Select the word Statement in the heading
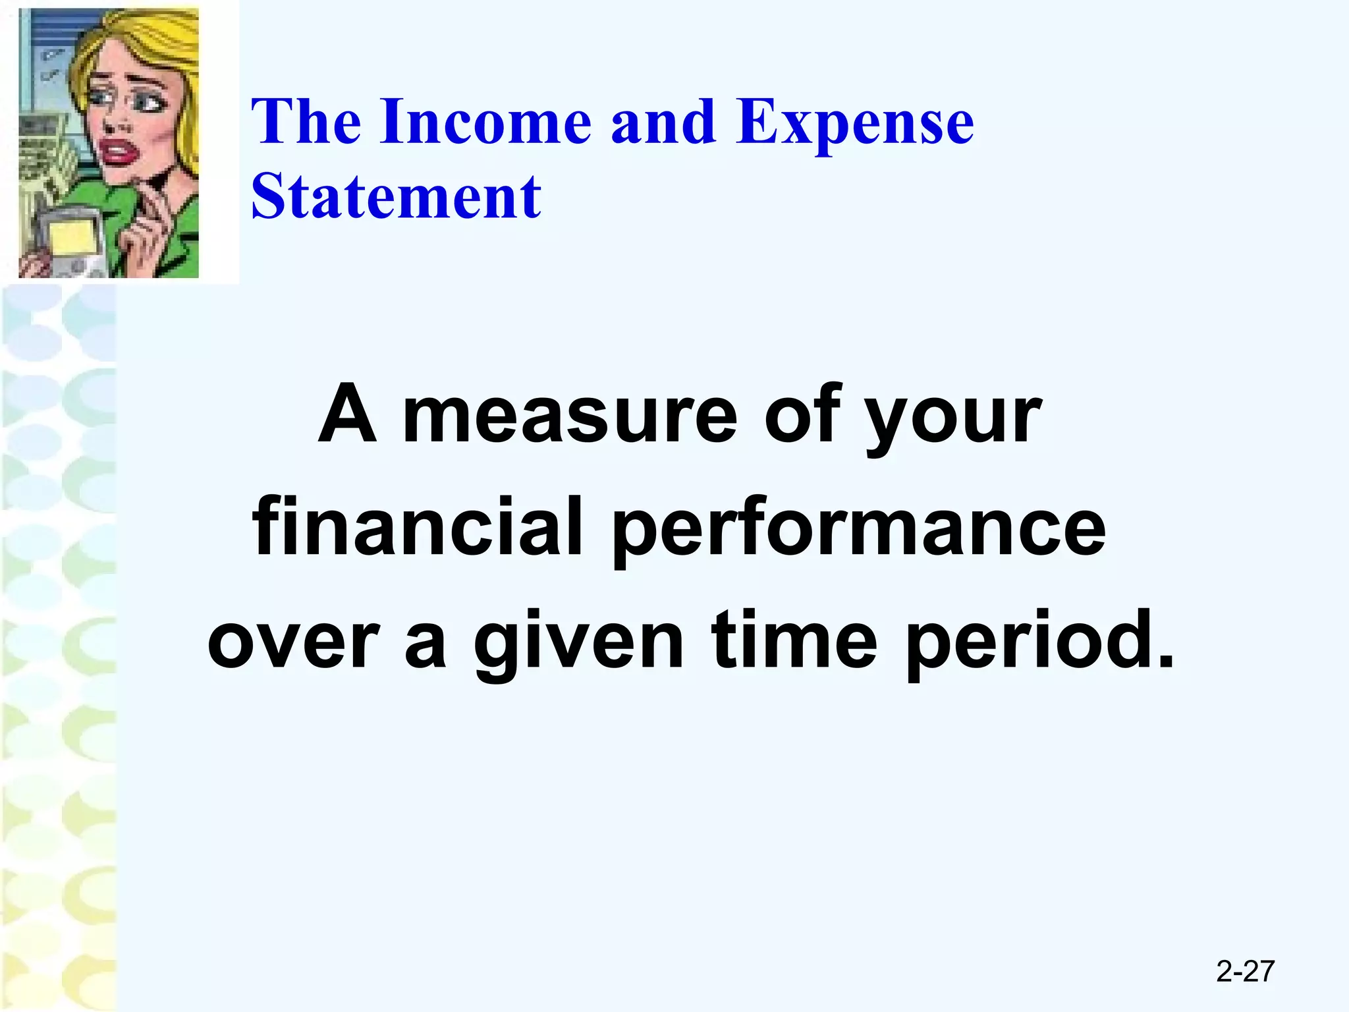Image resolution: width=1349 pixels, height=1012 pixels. pos(396,197)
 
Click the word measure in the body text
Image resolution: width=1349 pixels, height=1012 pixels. pos(570,416)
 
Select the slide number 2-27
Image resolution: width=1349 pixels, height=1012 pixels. pos(1245,971)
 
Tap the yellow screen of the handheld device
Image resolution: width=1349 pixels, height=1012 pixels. pos(71,237)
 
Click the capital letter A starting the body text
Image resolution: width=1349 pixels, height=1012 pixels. pos(347,415)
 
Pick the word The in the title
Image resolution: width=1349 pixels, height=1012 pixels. pos(306,122)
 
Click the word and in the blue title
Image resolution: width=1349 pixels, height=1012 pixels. pos(663,122)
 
